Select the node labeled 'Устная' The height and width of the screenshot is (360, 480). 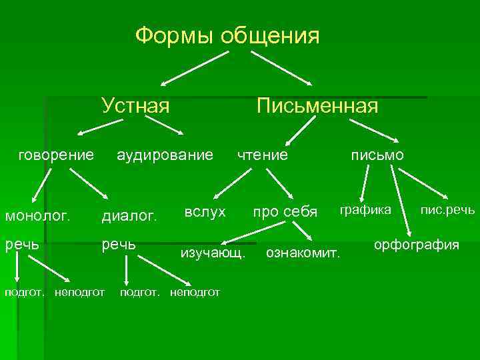click(x=135, y=105)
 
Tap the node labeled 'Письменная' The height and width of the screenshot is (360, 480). click(x=318, y=105)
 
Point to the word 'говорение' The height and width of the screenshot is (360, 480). click(x=56, y=155)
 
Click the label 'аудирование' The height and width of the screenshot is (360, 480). click(x=165, y=155)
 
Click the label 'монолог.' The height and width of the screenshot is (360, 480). click(x=37, y=215)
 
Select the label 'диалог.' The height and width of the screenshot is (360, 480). click(x=129, y=215)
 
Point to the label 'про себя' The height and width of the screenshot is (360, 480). click(x=284, y=212)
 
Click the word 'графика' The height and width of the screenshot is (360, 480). click(x=366, y=210)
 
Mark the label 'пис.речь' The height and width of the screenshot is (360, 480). click(x=447, y=211)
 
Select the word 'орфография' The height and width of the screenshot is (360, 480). click(x=417, y=245)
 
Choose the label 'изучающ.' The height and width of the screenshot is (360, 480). click(x=213, y=254)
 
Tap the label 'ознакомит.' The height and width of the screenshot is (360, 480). click(x=303, y=253)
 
